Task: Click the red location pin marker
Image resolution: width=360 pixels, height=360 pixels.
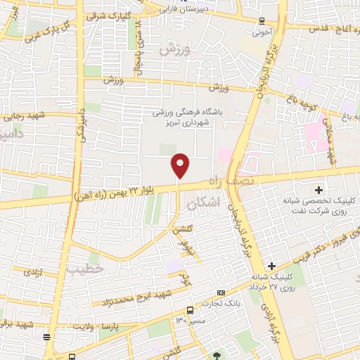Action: (x=181, y=165)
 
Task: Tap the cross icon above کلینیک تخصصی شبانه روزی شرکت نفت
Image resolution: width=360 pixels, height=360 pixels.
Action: (x=319, y=190)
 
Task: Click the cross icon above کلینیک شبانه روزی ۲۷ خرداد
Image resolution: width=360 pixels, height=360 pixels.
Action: (x=271, y=265)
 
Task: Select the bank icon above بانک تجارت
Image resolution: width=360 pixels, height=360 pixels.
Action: (x=221, y=292)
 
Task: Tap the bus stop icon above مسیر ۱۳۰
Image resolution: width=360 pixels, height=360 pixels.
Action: (x=190, y=310)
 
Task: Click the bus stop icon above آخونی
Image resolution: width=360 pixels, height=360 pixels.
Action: (x=262, y=20)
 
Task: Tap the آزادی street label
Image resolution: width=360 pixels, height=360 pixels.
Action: (x=32, y=271)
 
